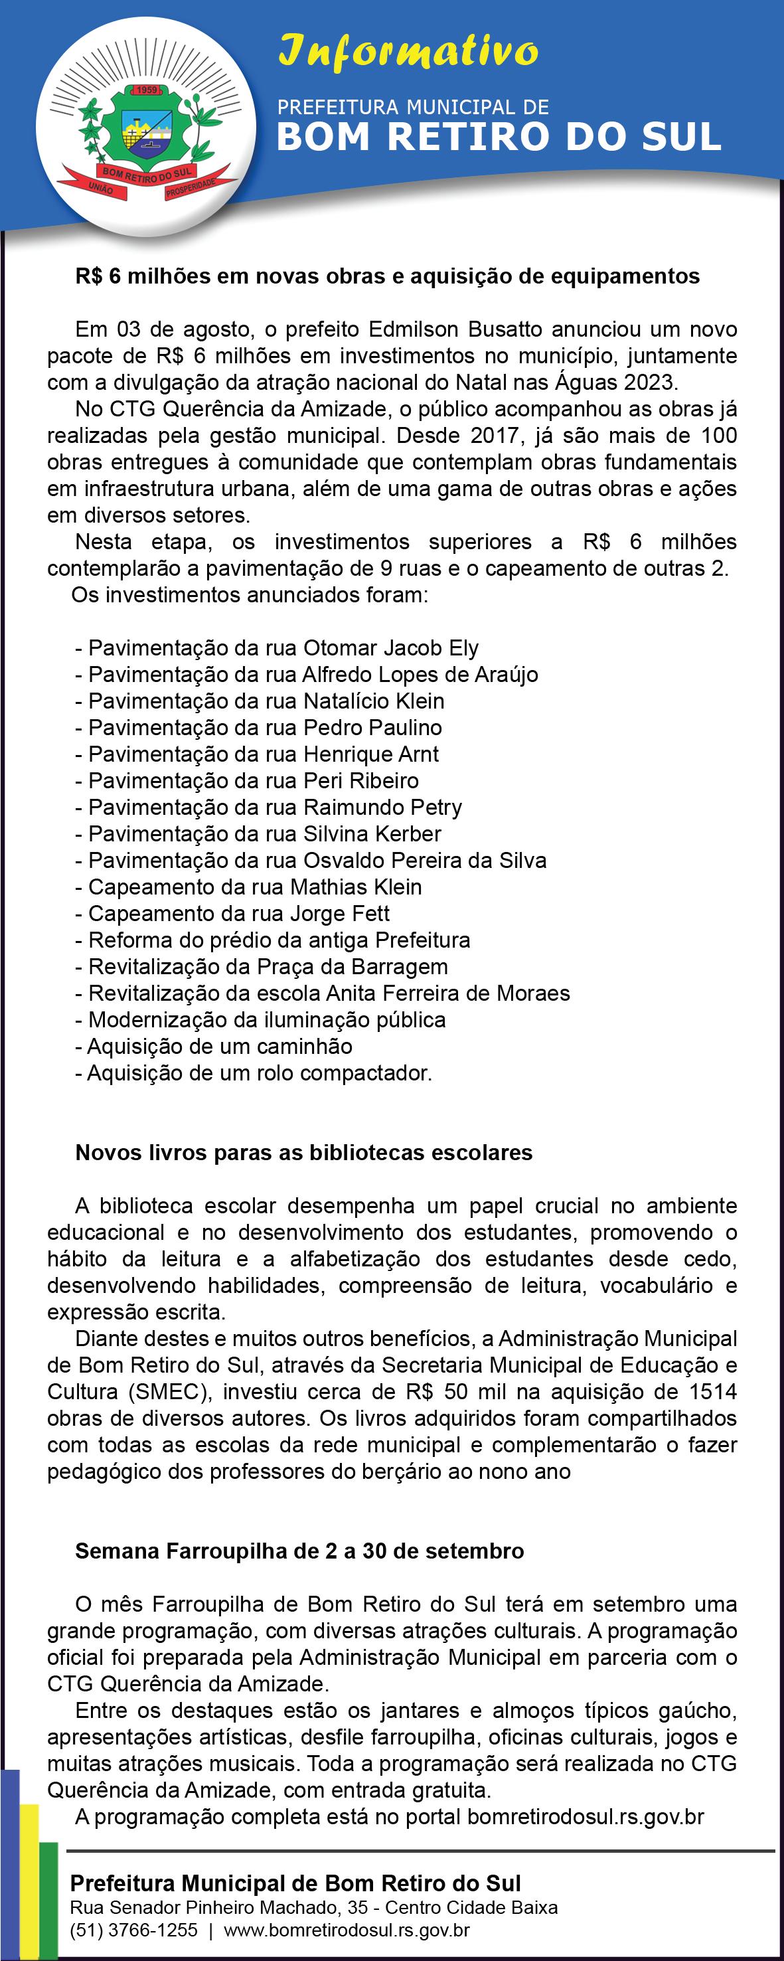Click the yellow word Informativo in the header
click(408, 52)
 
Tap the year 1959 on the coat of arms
click(145, 90)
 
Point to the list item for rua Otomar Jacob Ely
click(277, 648)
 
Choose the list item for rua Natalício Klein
click(260, 701)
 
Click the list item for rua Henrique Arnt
click(258, 754)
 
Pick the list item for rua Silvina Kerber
click(258, 833)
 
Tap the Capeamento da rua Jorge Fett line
click(232, 914)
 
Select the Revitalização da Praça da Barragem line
click(262, 967)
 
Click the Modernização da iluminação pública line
click(260, 1020)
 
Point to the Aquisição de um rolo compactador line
click(254, 1073)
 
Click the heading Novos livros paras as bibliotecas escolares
click(303, 1153)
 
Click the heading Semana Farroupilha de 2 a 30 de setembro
click(299, 1551)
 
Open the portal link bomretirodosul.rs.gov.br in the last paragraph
click(586, 1817)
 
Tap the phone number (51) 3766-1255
click(133, 1930)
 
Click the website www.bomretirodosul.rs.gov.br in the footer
click(347, 1930)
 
